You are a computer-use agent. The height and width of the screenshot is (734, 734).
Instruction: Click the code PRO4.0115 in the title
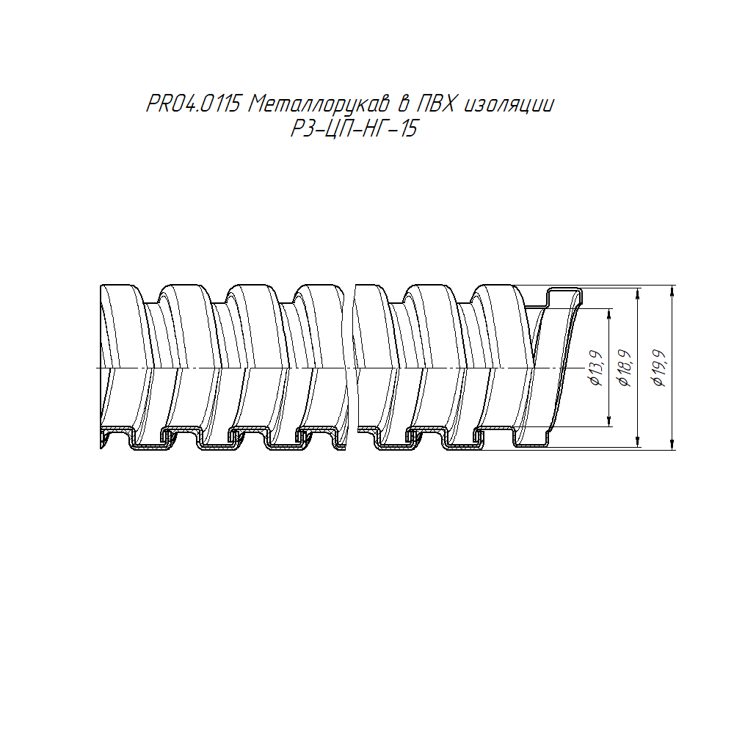193,104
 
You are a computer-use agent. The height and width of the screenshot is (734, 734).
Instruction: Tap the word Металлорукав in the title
319,105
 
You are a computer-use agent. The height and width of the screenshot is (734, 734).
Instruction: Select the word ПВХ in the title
435,104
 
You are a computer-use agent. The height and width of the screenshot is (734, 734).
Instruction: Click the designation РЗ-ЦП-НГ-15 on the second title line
354,128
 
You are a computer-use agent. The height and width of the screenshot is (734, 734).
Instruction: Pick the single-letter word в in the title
403,104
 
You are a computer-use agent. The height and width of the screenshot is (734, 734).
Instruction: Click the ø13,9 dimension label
596,368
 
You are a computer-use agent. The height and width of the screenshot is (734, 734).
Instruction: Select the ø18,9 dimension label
625,368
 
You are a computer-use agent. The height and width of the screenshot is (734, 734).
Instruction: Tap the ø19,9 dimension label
659,368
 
